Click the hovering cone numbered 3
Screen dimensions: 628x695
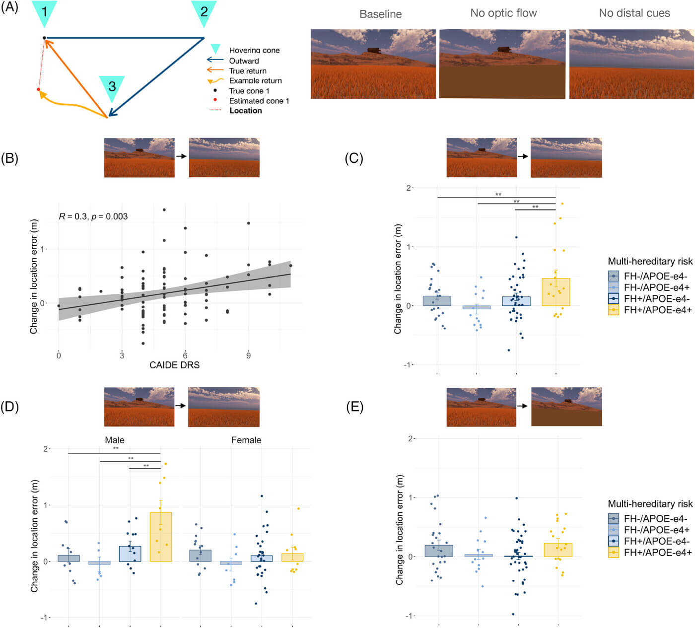point(112,87)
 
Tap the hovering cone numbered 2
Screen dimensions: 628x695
point(204,11)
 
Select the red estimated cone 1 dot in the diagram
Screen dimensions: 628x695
point(38,89)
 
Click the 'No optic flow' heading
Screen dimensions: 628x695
point(503,13)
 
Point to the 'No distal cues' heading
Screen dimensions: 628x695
point(634,13)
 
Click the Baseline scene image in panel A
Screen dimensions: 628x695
point(373,64)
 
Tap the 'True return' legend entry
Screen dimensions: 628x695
point(247,71)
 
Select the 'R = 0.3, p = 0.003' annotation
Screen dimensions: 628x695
point(93,216)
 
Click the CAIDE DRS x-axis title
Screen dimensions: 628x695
point(174,365)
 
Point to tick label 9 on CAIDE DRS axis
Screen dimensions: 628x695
point(248,355)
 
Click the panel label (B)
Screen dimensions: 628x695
point(9,158)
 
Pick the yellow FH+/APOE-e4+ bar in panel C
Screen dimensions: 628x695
point(556,292)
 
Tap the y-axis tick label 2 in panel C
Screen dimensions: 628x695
point(409,188)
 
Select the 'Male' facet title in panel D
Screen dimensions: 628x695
point(115,440)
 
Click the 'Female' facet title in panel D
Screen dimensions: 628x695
point(246,440)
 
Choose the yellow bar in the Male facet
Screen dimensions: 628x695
point(160,537)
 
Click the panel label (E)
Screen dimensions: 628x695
point(354,408)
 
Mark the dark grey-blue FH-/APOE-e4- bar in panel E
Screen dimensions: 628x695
point(439,551)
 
